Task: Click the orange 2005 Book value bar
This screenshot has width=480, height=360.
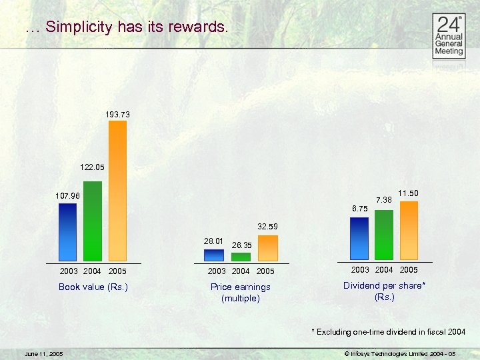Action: tap(117, 191)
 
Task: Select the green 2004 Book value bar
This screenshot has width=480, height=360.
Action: tap(93, 221)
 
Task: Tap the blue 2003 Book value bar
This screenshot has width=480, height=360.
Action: tap(67, 231)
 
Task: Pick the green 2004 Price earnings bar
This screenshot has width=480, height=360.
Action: tap(241, 256)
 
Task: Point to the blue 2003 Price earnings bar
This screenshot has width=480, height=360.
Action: tap(214, 255)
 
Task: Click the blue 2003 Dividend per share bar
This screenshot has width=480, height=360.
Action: tap(359, 238)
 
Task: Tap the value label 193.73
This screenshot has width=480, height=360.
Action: tap(117, 115)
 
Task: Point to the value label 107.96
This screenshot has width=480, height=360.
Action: tap(67, 196)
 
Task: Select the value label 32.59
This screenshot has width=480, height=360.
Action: tap(267, 227)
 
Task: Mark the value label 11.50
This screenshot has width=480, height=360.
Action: tap(409, 193)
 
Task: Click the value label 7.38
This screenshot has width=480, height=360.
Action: tap(384, 200)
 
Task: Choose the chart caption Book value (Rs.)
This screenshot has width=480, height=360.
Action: tap(93, 287)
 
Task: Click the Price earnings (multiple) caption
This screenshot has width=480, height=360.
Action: tap(241, 293)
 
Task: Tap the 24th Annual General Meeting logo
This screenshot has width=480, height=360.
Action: tap(449, 37)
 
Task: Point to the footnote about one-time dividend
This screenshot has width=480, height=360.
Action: tap(388, 331)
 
